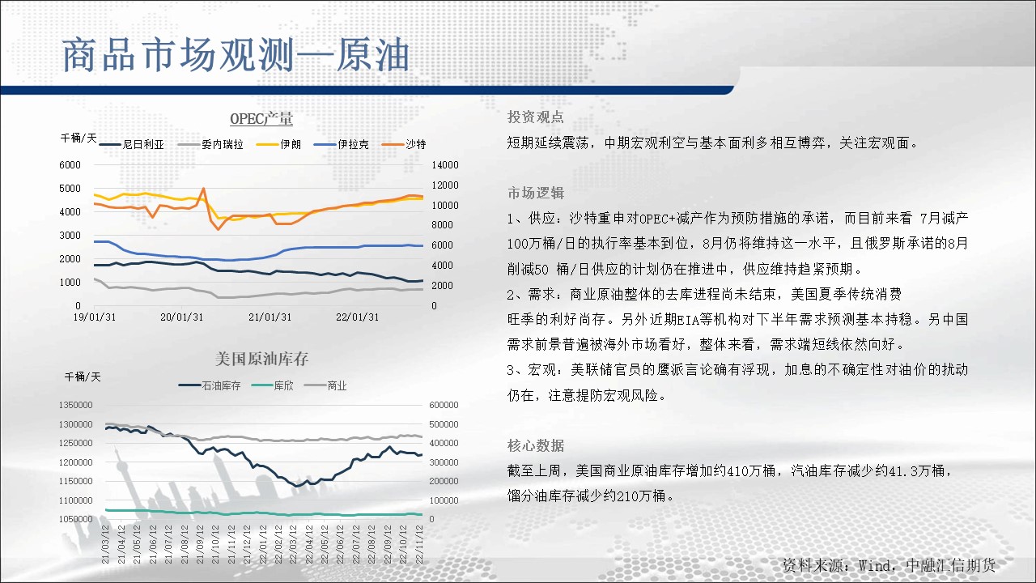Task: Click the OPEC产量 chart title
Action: (x=261, y=119)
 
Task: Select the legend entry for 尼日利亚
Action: (x=132, y=144)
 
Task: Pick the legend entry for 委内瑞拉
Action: (x=210, y=144)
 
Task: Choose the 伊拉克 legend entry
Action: (x=342, y=144)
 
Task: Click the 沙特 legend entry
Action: (x=404, y=144)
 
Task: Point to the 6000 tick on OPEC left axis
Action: (x=70, y=165)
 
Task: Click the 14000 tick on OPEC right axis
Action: (x=445, y=165)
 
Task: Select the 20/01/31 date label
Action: (x=182, y=317)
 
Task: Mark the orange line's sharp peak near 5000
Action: (x=203, y=189)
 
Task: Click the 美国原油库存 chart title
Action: (x=261, y=359)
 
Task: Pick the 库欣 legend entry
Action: (x=273, y=385)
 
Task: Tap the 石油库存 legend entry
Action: (x=210, y=385)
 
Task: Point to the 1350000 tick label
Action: (x=75, y=405)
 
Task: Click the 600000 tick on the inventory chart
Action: (x=444, y=405)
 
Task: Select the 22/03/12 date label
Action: (x=293, y=544)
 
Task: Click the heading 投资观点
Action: (x=536, y=117)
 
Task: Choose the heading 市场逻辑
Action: (x=536, y=193)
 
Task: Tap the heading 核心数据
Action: (x=536, y=445)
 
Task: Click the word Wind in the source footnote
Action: (x=875, y=565)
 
